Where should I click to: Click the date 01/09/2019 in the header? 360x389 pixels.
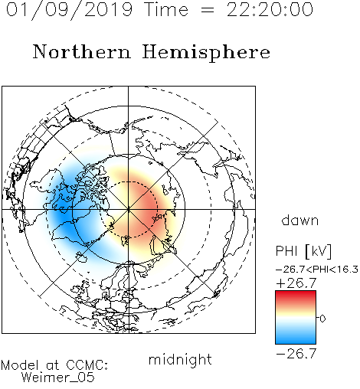click(70, 10)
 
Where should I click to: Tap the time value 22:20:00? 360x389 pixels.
click(270, 9)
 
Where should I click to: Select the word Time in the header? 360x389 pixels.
click(166, 9)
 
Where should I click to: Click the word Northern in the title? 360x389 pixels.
click(82, 51)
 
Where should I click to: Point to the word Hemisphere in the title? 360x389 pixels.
click(206, 53)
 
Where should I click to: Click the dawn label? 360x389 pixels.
click(300, 221)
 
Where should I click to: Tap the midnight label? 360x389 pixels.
click(180, 359)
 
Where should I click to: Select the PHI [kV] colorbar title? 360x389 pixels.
click(303, 251)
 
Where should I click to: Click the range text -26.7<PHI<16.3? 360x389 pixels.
click(317, 270)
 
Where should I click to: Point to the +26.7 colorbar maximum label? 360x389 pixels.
click(296, 283)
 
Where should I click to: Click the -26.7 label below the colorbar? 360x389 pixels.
click(296, 354)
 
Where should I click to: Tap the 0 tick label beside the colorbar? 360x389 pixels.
click(322, 319)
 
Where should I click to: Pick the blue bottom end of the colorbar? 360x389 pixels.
click(296, 342)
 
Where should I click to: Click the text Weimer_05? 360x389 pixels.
click(58, 378)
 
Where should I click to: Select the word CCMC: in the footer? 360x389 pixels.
click(87, 365)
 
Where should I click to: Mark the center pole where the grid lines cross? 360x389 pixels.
click(129, 209)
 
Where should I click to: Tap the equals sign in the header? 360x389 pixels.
click(208, 10)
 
